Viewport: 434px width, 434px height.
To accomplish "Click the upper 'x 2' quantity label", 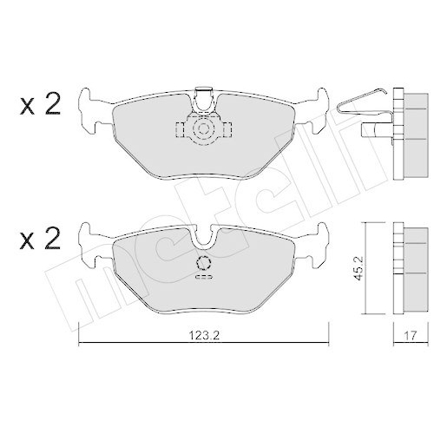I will [40, 106].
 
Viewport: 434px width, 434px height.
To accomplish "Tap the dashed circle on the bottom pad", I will [204, 265].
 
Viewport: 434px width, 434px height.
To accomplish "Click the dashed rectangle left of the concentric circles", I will [181, 132].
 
